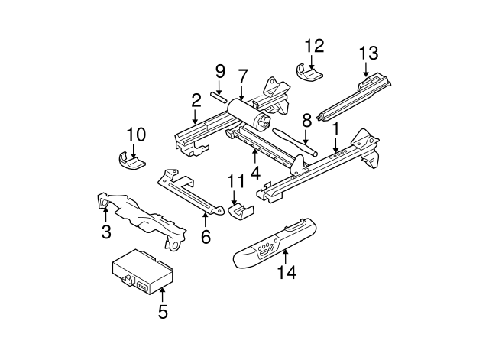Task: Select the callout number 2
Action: (196, 100)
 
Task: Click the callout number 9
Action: (220, 73)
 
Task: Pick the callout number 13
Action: (368, 53)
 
